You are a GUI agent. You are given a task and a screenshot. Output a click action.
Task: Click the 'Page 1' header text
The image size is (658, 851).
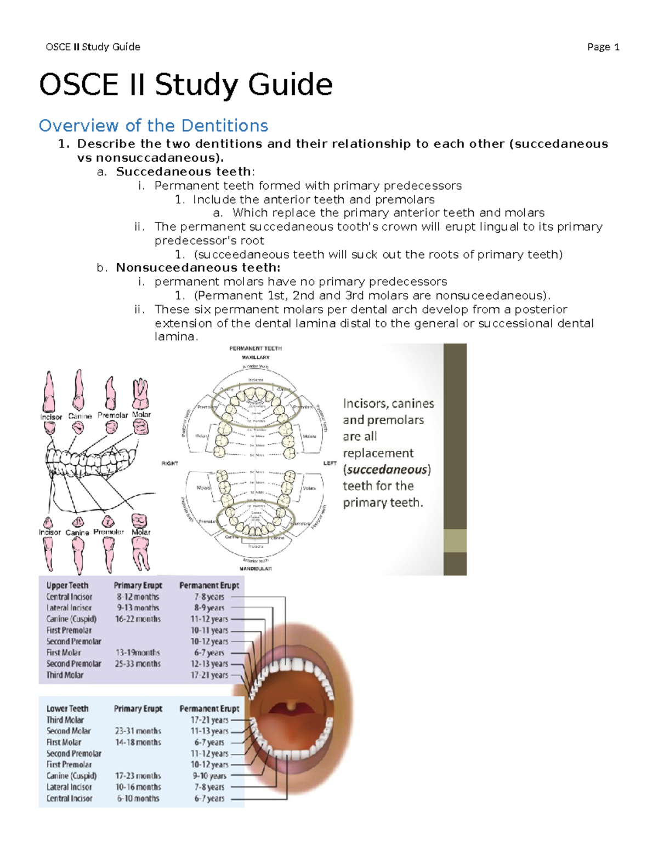coord(603,47)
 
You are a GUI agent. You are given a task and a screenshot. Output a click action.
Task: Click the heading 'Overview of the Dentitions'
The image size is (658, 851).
coord(153,125)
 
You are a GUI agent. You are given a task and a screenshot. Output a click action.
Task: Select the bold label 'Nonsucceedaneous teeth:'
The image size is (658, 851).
coord(198,267)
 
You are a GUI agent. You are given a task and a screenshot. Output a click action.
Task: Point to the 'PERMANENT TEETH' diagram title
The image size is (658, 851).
coord(255,349)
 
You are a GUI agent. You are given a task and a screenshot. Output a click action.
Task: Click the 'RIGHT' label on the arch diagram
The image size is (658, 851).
coord(169,463)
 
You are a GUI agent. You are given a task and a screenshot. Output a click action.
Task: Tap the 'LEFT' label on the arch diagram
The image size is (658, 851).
coord(330,463)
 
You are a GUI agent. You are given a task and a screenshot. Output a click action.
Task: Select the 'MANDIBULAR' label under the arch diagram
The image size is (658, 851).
coord(255,569)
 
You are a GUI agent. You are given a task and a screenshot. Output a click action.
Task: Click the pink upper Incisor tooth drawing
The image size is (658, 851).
coord(49,392)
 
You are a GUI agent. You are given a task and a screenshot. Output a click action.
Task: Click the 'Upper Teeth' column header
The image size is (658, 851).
coord(67,585)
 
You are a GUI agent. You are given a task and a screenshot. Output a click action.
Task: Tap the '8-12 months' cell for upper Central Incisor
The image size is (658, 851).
coord(138,597)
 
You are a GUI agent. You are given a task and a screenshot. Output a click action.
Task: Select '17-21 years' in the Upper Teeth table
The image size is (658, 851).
coord(209,675)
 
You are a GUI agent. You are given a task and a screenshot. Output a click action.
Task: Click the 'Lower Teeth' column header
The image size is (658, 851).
coord(67,709)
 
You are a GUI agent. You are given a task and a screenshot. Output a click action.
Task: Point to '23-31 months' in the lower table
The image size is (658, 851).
coord(138,731)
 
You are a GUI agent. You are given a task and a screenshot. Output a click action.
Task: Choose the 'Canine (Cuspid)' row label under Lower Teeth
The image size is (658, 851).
coord(71,776)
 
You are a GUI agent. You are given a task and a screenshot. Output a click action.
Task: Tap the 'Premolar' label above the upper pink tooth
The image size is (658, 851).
coord(112,415)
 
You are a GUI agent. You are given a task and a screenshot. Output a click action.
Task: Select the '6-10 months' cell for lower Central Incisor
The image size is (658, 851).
coord(138,798)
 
